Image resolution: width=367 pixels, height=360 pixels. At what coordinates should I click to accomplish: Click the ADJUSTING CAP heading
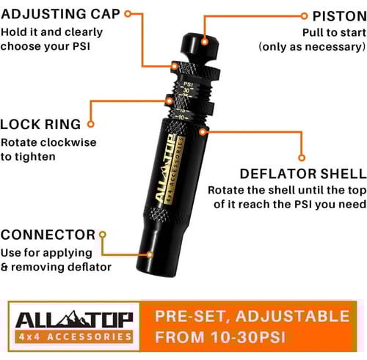pos(60,14)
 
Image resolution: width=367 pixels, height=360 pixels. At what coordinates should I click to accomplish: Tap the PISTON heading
pos(340,16)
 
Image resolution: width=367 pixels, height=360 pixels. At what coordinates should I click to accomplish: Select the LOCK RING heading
pos(40,124)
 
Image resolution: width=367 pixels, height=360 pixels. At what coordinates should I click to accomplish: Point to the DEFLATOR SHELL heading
pos(303,174)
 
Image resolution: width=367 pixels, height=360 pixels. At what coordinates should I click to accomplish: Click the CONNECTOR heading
pos(48,235)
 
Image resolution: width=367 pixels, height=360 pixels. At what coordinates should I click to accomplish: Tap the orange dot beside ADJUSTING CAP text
pos(128,14)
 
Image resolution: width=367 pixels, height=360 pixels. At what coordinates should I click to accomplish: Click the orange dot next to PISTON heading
pos(304,16)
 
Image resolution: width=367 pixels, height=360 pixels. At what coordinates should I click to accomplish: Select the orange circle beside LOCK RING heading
pos(90,124)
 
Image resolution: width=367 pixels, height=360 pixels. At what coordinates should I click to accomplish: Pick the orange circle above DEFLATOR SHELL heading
pos(302,158)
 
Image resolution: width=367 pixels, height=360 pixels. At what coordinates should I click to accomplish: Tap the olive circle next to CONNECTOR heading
pos(103,235)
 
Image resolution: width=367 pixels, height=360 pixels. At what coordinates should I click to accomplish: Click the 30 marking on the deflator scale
pos(186,90)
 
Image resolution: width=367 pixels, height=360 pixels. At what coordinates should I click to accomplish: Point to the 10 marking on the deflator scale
pos(181,117)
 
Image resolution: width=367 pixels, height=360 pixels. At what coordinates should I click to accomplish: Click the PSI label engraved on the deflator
pos(188,84)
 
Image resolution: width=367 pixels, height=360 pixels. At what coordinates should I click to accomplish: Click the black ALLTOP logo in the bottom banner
pos(74,320)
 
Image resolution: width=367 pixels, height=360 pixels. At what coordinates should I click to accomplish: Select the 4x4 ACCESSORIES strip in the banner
pos(74,337)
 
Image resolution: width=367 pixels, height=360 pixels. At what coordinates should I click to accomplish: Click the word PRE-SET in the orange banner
pos(192,316)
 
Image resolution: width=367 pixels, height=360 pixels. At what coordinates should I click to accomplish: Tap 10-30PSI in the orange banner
pos(248,337)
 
